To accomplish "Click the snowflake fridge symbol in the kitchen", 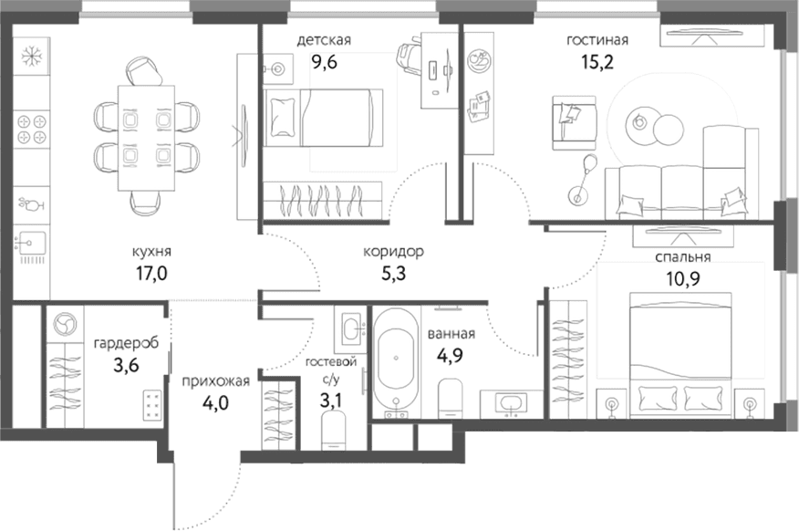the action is (x=32, y=56).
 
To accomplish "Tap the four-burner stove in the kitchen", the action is (x=32, y=129).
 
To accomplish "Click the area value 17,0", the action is (x=151, y=274).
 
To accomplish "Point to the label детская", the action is (x=324, y=40).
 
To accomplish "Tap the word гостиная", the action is (x=597, y=40).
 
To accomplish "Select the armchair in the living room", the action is (x=574, y=123).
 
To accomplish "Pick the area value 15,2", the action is (x=597, y=62).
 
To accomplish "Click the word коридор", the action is (x=393, y=252).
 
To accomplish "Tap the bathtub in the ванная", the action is (x=396, y=362).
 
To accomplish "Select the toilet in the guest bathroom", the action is (x=334, y=431).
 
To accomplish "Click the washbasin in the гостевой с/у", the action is (x=350, y=328).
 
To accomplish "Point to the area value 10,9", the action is (x=683, y=279).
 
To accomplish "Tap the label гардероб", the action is (x=127, y=343).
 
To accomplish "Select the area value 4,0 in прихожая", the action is (x=215, y=403).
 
